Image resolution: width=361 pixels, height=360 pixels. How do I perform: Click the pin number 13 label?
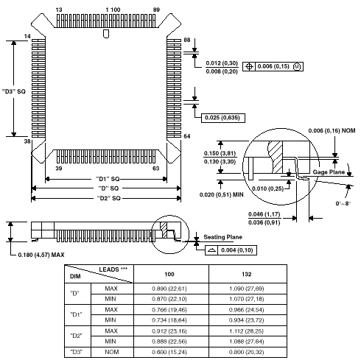tap(59, 10)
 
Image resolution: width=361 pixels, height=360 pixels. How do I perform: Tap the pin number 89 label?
tap(156, 10)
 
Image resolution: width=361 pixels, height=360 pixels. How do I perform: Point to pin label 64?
tap(187, 136)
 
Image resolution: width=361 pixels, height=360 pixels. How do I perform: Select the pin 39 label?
tap(59, 169)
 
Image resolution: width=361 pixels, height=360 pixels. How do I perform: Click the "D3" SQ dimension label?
tap(14, 91)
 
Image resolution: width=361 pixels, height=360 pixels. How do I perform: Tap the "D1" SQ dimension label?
tap(108, 179)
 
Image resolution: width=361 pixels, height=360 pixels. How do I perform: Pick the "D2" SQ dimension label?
tap(109, 198)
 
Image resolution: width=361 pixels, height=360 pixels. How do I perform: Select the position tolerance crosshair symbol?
tap(249, 66)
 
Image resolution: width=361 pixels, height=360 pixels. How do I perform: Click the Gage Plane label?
tap(329, 172)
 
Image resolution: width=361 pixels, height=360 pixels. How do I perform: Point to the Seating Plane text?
tap(223, 237)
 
